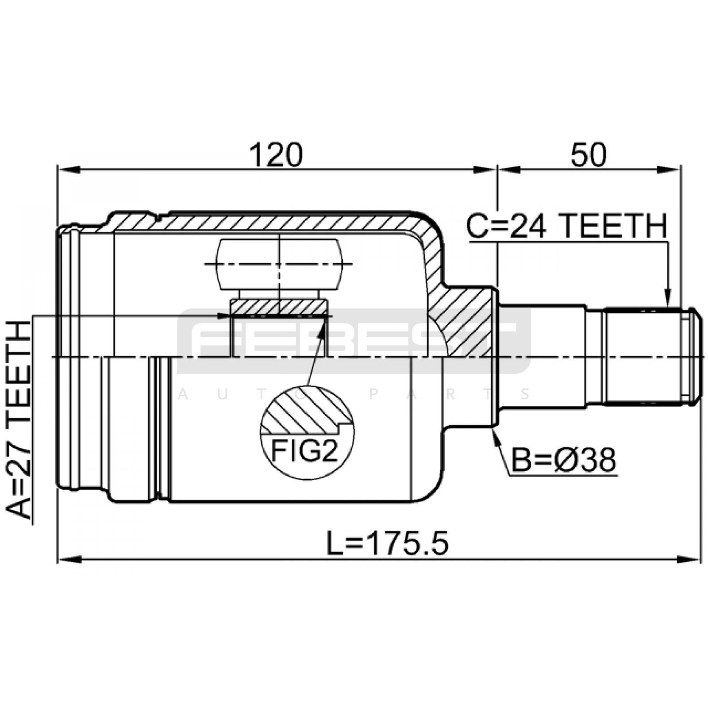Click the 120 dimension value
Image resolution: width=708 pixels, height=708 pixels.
tap(276, 154)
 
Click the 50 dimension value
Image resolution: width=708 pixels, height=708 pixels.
tap(589, 154)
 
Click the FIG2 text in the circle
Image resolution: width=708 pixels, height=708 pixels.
tap(304, 451)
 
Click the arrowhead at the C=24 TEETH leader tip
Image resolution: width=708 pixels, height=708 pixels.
tap(668, 297)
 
